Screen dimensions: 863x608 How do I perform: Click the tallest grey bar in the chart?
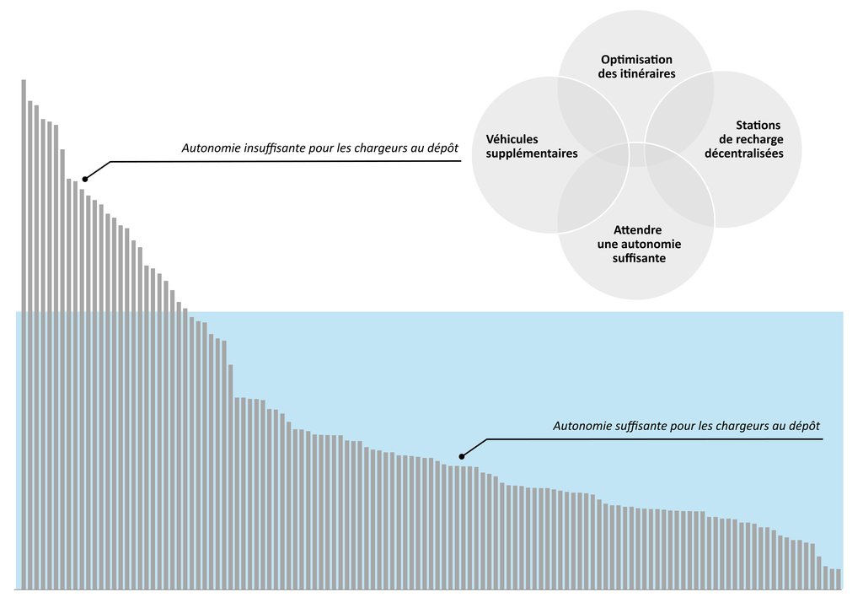pos(24,334)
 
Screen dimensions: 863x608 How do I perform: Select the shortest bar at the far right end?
pos(839,578)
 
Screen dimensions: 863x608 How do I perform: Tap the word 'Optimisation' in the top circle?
pos(636,60)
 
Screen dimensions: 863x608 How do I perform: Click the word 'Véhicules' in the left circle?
pos(512,139)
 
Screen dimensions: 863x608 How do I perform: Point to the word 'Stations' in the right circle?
pos(758,125)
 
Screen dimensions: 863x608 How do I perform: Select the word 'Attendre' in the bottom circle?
pos(637,229)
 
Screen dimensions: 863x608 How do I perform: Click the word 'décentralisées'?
pos(743,153)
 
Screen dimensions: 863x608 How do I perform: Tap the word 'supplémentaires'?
pos(532,153)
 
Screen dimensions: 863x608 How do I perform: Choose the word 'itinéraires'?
pos(647,73)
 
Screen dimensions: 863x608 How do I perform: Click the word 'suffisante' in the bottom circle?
pos(639,258)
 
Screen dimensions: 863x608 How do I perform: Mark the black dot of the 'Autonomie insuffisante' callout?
pos(85,179)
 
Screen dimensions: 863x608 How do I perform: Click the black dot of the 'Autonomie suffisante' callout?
pos(461,456)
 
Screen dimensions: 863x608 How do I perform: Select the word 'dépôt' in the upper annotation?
pos(442,148)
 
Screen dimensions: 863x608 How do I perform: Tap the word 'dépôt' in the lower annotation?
pos(804,426)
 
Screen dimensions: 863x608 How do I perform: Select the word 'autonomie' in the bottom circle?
pos(653,244)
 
